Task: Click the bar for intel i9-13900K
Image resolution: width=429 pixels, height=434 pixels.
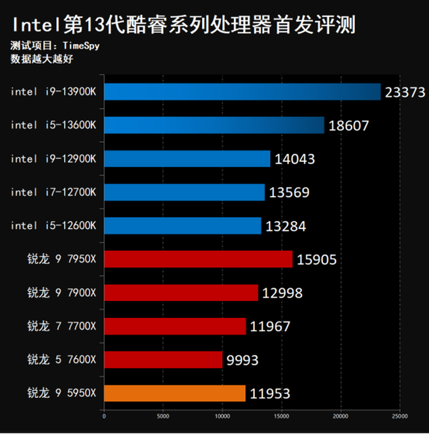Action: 242,92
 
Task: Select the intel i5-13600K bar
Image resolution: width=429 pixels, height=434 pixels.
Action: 214,125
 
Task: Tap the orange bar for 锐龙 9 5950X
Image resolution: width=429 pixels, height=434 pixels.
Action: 175,393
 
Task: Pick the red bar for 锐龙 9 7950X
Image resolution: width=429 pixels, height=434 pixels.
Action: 198,259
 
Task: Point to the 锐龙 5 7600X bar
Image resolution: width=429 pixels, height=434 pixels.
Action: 163,359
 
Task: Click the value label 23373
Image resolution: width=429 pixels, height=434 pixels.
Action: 405,92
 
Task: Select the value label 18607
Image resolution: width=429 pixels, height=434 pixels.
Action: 348,125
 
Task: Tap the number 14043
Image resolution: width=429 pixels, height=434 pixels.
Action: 295,159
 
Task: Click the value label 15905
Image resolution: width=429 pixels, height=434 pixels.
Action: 316,259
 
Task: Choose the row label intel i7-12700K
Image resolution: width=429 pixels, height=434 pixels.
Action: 53,192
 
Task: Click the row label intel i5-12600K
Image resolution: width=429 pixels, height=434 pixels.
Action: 53,225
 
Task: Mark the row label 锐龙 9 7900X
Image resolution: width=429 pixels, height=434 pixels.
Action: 61,293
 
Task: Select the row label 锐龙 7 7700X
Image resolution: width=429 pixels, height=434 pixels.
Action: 61,326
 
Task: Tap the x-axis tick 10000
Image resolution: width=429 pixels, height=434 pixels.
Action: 222,416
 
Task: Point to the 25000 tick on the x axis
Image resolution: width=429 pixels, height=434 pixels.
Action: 400,416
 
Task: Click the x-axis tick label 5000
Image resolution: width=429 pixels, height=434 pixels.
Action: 163,416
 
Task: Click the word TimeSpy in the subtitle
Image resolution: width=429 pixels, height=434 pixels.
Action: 82,46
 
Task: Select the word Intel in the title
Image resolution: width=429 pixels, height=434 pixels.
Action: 33,26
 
